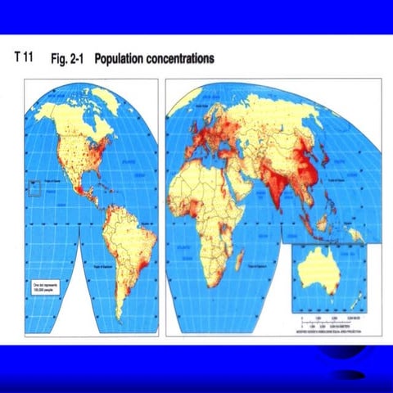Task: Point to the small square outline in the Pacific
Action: (34, 188)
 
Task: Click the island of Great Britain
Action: (193, 123)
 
